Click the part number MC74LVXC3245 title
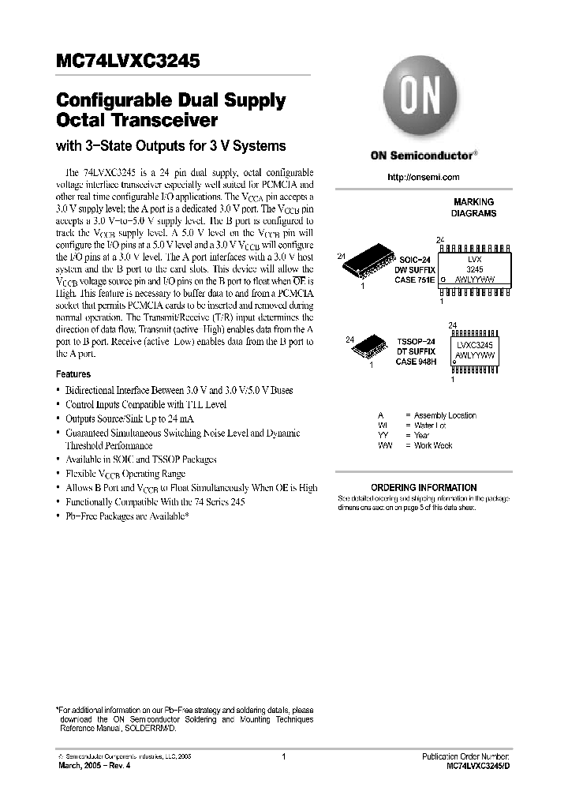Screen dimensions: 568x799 127,60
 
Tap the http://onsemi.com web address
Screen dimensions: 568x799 423,178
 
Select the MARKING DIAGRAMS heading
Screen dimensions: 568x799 473,208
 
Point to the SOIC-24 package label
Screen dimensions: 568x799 416,258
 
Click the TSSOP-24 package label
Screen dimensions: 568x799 416,341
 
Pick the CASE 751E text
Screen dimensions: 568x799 416,279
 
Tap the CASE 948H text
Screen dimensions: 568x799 416,362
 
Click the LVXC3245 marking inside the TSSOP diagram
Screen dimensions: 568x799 474,343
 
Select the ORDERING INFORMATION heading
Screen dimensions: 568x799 424,488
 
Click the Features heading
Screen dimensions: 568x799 73,374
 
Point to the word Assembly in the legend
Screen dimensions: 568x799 430,415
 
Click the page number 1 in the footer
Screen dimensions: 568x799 282,756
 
